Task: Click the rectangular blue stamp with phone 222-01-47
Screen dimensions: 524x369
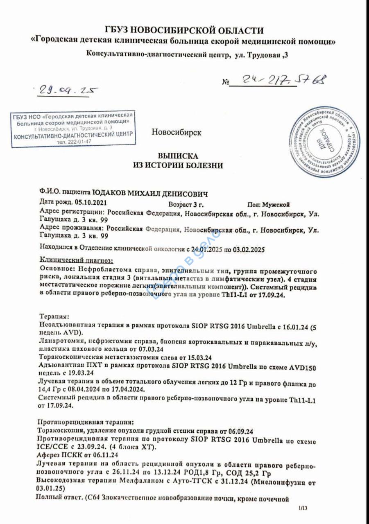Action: pyautogui.click(x=73, y=129)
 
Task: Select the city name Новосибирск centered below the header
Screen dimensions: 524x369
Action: pyautogui.click(x=176, y=133)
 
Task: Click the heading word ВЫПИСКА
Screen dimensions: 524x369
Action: pyautogui.click(x=178, y=156)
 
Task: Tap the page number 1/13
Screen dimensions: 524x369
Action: pyautogui.click(x=302, y=508)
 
